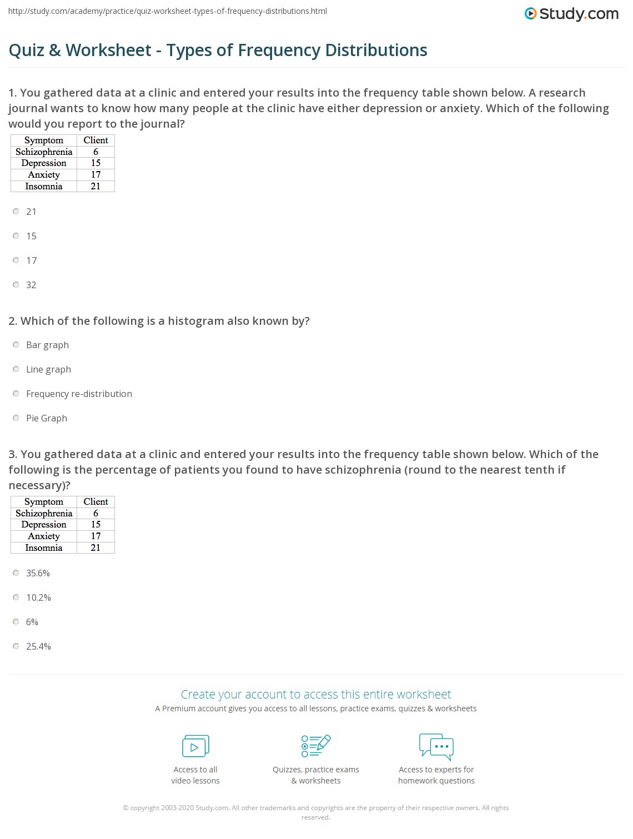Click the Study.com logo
coord(571,14)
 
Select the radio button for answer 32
coord(16,285)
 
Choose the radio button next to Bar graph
coord(16,345)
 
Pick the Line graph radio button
coord(16,369)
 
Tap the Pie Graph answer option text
coord(47,418)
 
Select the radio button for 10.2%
coord(16,597)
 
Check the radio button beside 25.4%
coord(16,646)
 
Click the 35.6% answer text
coord(38,573)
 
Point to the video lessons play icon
coord(195,746)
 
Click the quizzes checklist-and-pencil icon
coord(316,746)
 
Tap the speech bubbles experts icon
coord(436,746)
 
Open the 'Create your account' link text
coord(315,694)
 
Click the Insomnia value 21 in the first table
coord(96,186)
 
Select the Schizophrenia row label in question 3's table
coord(44,513)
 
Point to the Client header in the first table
coord(96,140)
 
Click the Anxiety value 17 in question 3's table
coord(96,536)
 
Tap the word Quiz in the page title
coord(26,50)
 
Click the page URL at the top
coord(168,11)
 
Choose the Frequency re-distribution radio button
coord(16,394)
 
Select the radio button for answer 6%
coord(16,622)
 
